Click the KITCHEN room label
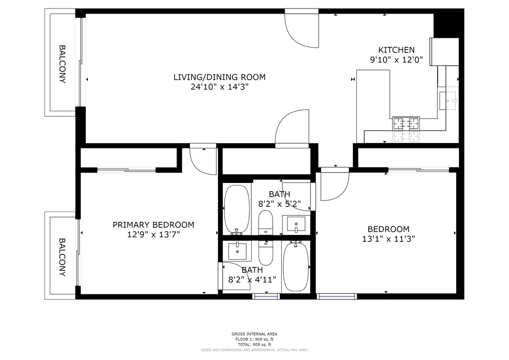(x=396, y=50)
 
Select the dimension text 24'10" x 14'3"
(x=219, y=87)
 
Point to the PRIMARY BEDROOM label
(x=153, y=225)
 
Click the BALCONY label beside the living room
(x=62, y=64)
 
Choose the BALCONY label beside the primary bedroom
(x=62, y=257)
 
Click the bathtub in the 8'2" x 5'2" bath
(x=236, y=209)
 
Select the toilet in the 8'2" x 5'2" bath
(x=265, y=222)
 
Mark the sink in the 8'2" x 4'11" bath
(x=237, y=251)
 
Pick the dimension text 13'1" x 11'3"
(x=388, y=239)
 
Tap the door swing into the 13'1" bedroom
(x=334, y=185)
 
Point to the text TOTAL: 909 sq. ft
(x=254, y=345)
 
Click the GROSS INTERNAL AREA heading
(x=254, y=334)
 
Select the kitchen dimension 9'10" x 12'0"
(x=396, y=60)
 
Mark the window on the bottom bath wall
(x=266, y=296)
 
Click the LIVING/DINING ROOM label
(x=219, y=77)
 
